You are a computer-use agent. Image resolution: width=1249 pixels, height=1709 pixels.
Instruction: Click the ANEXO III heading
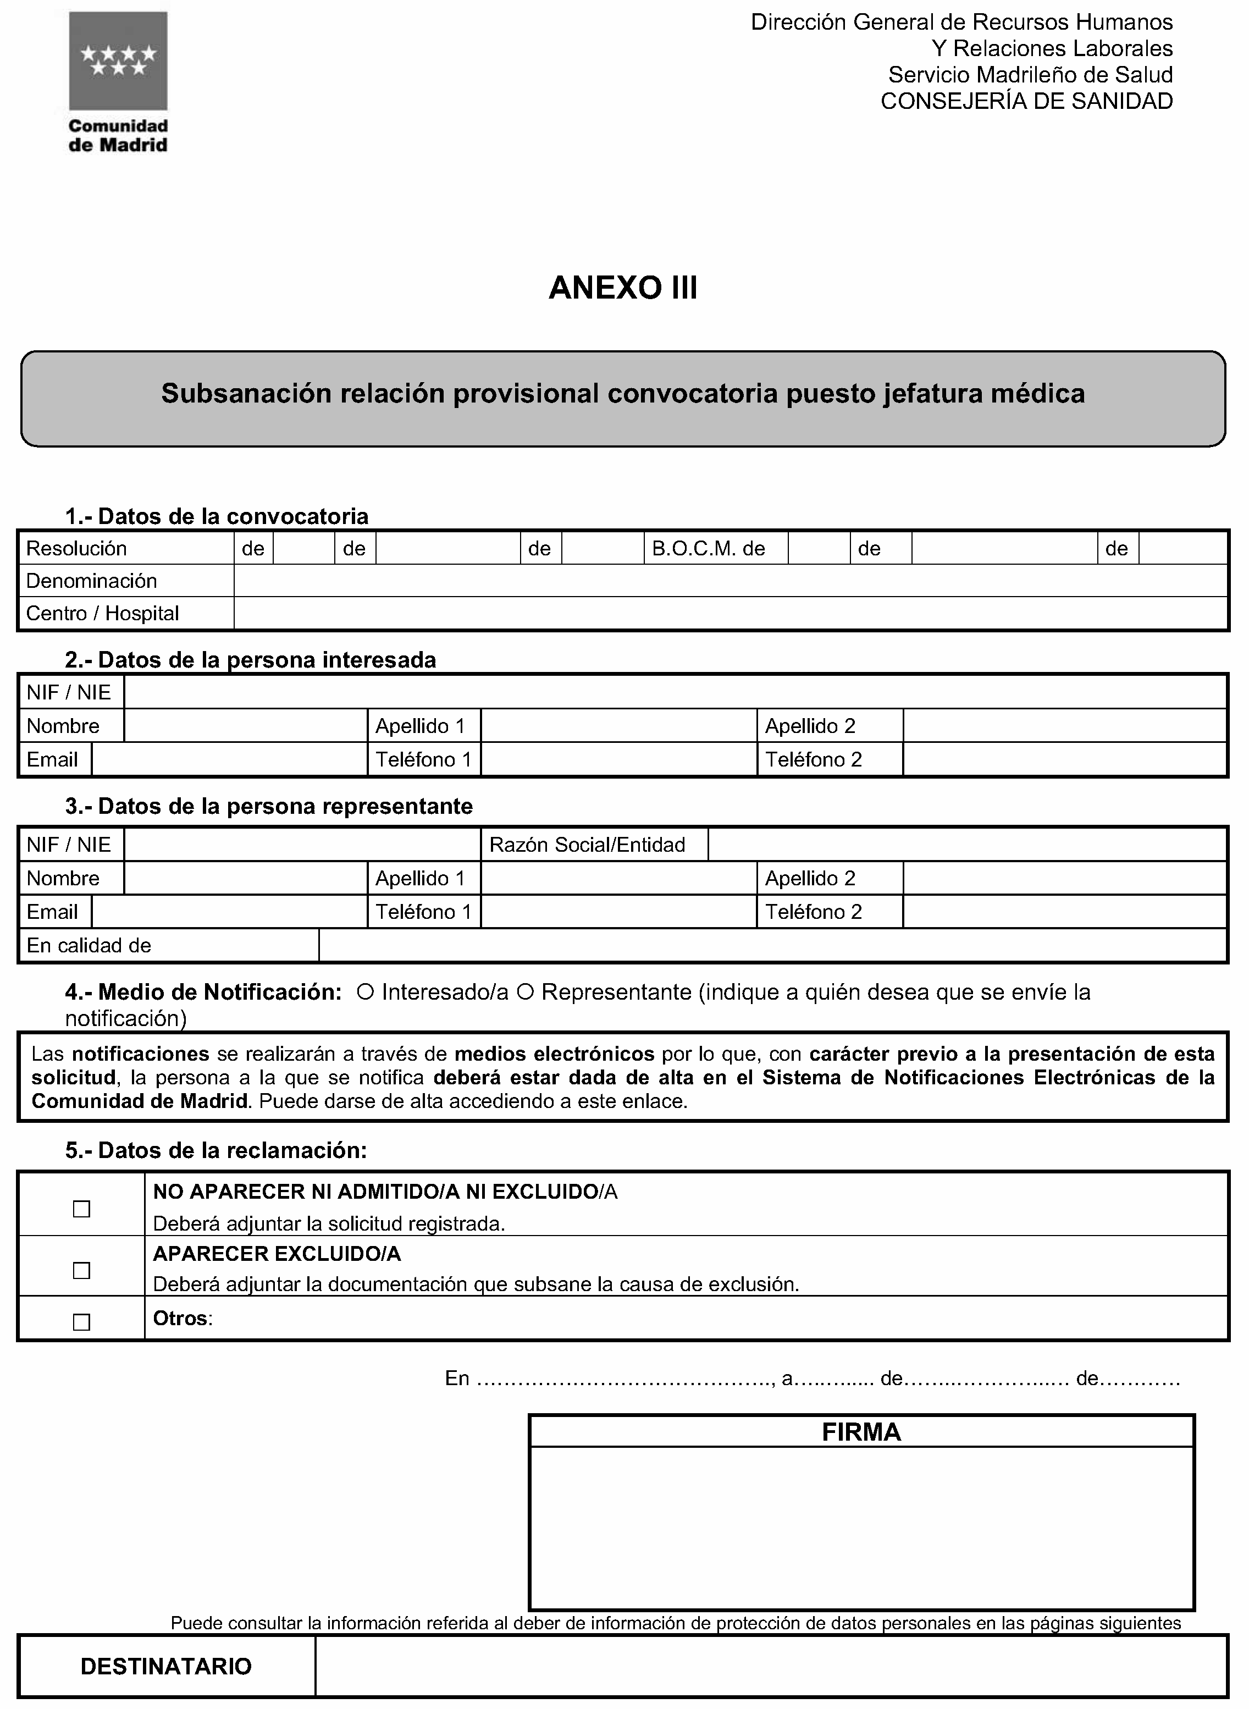pos(623,288)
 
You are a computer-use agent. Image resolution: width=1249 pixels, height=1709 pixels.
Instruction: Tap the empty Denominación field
pos(729,581)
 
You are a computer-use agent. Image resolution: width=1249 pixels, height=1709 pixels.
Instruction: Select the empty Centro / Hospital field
pos(729,613)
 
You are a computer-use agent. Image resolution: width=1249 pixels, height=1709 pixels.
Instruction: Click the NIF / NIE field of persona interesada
pos(675,692)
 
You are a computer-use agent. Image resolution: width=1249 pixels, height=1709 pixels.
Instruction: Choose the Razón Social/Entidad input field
pos(966,845)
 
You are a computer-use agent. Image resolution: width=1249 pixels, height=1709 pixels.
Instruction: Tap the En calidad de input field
pos(771,945)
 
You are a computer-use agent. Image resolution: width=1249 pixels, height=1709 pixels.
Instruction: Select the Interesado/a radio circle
pos(364,992)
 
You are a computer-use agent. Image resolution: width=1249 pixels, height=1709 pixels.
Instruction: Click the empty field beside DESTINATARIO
pos(771,1666)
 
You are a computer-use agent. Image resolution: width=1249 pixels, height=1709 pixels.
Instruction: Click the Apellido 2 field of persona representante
pos(1064,878)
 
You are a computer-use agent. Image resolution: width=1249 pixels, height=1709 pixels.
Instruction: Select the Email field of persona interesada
pos(229,759)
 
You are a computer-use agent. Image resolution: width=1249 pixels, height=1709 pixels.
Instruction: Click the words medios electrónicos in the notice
pos(554,1054)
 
